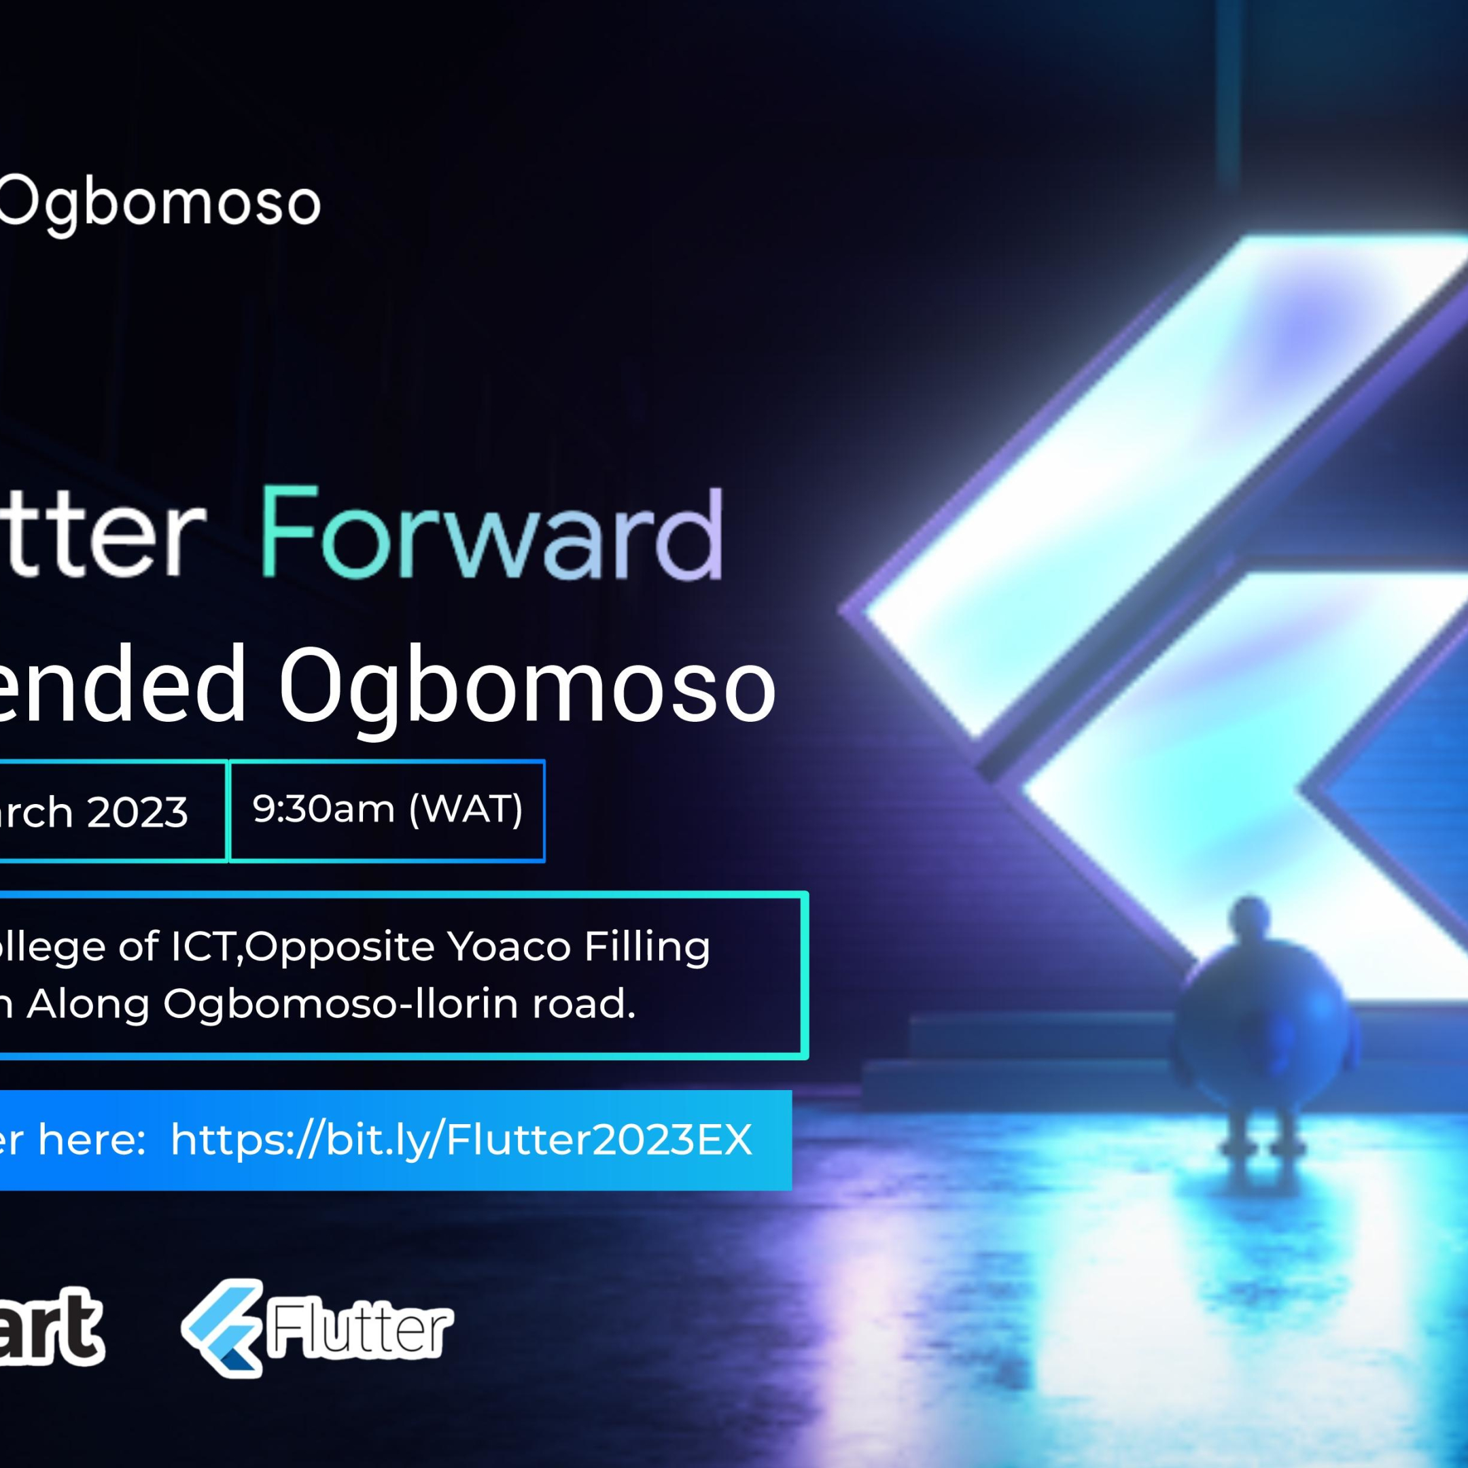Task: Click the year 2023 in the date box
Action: coord(137,812)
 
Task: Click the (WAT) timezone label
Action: coord(466,809)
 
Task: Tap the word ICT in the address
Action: coord(201,947)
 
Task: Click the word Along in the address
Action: coord(88,1004)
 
